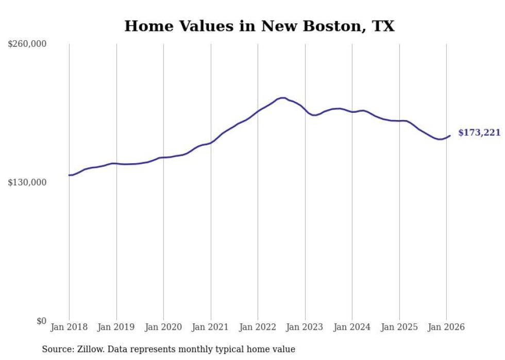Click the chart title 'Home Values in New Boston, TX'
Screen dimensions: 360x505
tap(259, 26)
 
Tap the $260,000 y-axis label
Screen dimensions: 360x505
tap(27, 44)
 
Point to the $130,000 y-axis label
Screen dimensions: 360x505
tap(27, 182)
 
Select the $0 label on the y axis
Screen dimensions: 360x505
tap(41, 321)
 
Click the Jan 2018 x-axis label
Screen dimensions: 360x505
tap(69, 328)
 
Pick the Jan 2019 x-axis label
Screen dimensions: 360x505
tap(116, 328)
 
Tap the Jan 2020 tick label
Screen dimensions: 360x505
tap(163, 328)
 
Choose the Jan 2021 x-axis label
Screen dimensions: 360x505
tap(211, 328)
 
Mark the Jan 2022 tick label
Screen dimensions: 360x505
tap(258, 328)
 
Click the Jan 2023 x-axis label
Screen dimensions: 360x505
tap(305, 328)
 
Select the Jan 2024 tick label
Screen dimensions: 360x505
tap(352, 328)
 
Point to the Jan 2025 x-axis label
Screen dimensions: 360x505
tap(399, 328)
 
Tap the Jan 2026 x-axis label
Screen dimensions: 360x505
tap(446, 328)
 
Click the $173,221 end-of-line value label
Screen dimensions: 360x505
tap(479, 133)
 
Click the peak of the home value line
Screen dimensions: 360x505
tap(282, 98)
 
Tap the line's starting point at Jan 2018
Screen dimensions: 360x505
tap(70, 175)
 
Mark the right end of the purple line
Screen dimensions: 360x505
tap(450, 135)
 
